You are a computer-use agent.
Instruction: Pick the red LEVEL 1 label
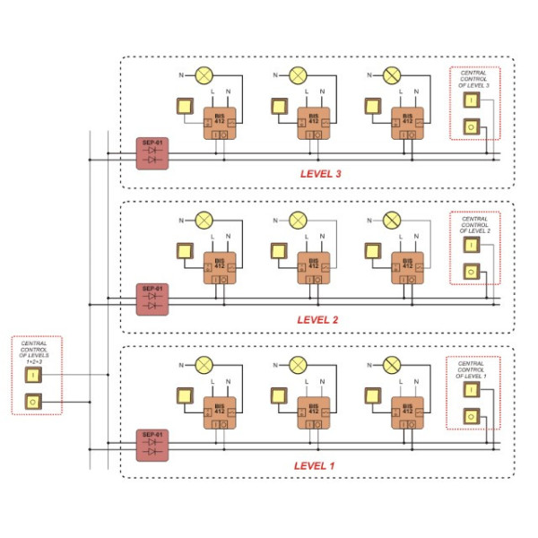pos(314,465)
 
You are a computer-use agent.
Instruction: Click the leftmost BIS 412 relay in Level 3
pos(219,124)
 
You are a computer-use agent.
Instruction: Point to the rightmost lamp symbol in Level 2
pos(391,221)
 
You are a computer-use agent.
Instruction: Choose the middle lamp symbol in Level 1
pos(298,366)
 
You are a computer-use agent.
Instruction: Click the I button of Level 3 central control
pos(471,100)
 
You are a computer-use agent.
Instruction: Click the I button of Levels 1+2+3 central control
pos(32,375)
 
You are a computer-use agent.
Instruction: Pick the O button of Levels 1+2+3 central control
pos(32,402)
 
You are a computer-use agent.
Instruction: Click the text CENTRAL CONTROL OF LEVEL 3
pos(475,78)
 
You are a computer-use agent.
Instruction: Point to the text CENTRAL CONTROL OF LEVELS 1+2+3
pos(35,351)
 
